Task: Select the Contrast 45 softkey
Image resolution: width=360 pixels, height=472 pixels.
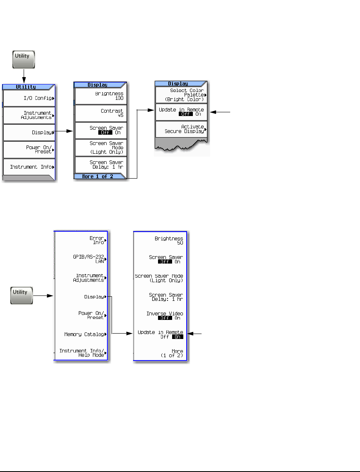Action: (101, 113)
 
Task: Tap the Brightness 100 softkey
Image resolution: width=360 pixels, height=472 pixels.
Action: (101, 96)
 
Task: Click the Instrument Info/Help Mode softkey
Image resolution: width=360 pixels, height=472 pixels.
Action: (81, 353)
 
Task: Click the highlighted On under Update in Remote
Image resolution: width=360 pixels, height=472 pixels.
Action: (178, 337)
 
